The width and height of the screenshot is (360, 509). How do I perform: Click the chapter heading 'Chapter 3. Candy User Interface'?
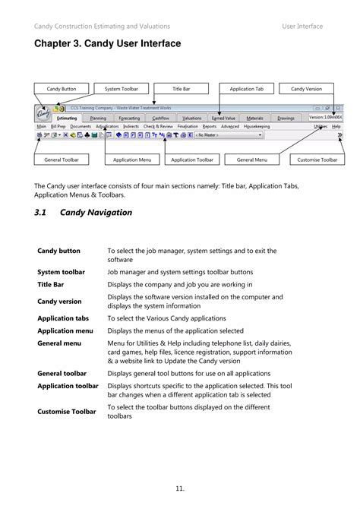(107, 44)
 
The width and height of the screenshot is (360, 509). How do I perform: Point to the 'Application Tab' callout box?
(246, 89)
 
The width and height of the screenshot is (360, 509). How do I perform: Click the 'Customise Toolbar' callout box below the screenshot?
(317, 160)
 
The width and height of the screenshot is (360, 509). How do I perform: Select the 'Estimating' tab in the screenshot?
(67, 118)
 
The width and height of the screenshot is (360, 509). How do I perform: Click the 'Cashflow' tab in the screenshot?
(160, 118)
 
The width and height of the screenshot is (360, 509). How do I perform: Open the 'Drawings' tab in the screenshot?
(286, 118)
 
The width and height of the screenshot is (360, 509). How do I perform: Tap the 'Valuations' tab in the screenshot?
(192, 118)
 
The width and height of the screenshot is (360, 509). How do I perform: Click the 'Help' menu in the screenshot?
(336, 126)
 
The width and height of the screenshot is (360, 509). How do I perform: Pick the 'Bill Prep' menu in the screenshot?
(58, 126)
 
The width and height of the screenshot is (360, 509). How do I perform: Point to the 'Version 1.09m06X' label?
(325, 117)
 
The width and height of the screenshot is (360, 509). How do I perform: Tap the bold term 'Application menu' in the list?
(65, 331)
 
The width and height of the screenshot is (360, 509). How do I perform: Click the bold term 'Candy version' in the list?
(60, 302)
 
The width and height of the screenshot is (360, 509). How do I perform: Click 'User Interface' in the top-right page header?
(302, 26)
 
